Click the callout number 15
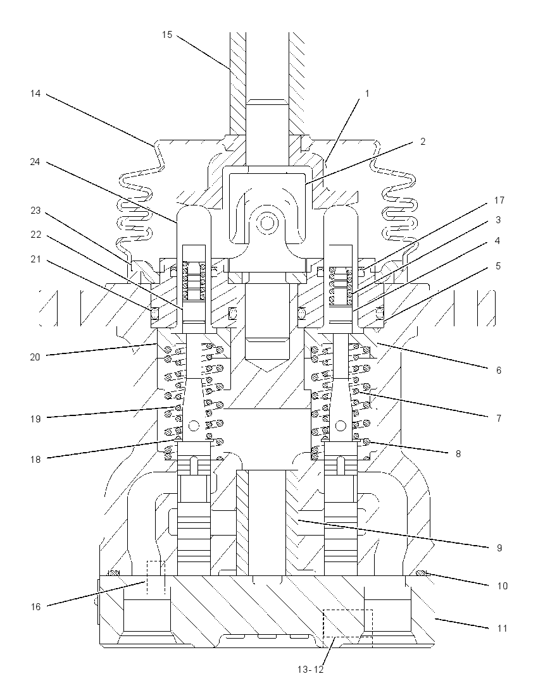(167, 35)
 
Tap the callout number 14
(35, 94)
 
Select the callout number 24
(35, 163)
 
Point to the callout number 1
(366, 94)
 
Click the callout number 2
(423, 142)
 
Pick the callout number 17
(499, 200)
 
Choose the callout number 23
(35, 211)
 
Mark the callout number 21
(35, 259)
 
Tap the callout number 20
(35, 357)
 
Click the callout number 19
(35, 419)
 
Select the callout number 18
(35, 460)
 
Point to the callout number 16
(35, 607)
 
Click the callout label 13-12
(311, 670)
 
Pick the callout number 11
(502, 628)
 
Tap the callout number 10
(502, 586)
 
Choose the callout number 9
(499, 548)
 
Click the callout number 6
(499, 371)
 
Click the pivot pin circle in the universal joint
(266, 223)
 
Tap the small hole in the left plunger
(193, 426)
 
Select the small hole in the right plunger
(341, 426)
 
